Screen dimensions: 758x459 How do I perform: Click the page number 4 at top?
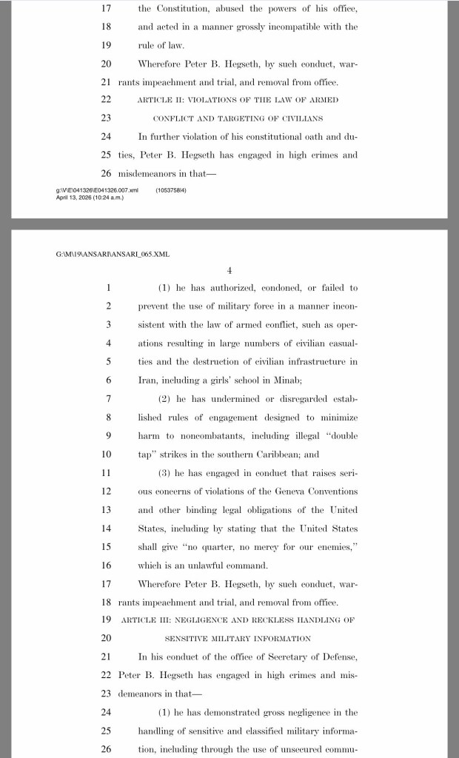229,270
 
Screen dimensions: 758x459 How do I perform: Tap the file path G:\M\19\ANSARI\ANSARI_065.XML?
113,254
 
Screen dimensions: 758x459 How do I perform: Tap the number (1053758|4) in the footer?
172,191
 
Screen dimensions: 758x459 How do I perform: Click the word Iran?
148,380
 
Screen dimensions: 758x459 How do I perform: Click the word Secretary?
284,657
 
